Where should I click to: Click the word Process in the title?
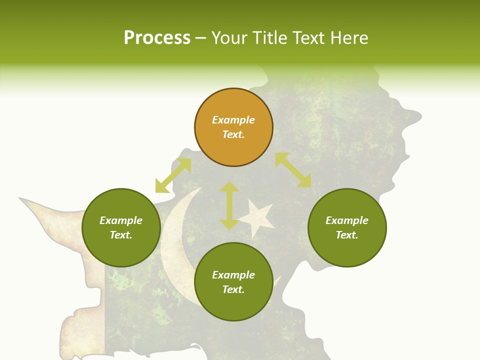coord(157,38)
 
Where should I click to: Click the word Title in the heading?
coord(269,38)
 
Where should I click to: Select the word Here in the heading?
coord(348,38)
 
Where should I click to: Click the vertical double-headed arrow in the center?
coord(229,205)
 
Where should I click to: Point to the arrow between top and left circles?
coord(173,175)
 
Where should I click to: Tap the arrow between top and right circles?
coord(293,170)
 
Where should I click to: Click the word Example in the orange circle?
coord(233,120)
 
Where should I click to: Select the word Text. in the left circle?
coord(121,235)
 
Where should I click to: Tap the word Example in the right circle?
coord(347,220)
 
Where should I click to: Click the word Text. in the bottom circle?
coord(233,289)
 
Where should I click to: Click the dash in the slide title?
coord(201,38)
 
